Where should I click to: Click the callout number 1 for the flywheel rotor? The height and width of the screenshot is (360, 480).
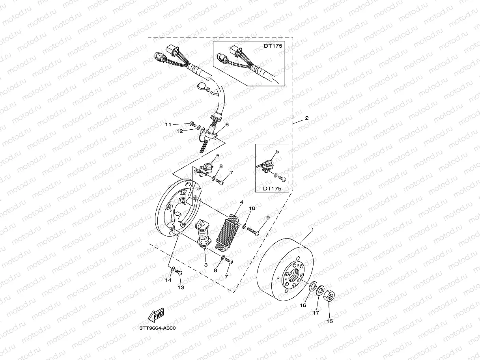[x=312, y=229]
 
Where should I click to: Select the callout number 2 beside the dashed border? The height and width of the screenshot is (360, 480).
[x=306, y=118]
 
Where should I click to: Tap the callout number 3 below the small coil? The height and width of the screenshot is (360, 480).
[x=205, y=265]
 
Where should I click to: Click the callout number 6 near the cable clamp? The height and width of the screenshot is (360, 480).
[x=227, y=124]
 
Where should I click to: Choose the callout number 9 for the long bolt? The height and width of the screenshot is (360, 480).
[x=268, y=217]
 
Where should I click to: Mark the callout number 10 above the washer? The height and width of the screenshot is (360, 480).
[x=252, y=208]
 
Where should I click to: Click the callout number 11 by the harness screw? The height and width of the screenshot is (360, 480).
[x=168, y=125]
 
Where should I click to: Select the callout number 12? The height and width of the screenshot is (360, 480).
[x=179, y=132]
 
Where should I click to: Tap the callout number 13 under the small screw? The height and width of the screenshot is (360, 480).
[x=181, y=287]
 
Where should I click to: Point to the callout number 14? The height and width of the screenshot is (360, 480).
[x=168, y=280]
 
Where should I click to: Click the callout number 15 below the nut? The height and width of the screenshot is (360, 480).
[x=330, y=321]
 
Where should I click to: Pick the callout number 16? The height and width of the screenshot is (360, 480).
[x=303, y=305]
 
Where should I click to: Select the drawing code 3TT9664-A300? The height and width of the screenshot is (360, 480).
[x=157, y=328]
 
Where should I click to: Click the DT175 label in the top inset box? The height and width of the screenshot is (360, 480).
[x=273, y=46]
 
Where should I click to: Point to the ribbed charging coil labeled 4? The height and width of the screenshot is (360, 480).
[x=229, y=233]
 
